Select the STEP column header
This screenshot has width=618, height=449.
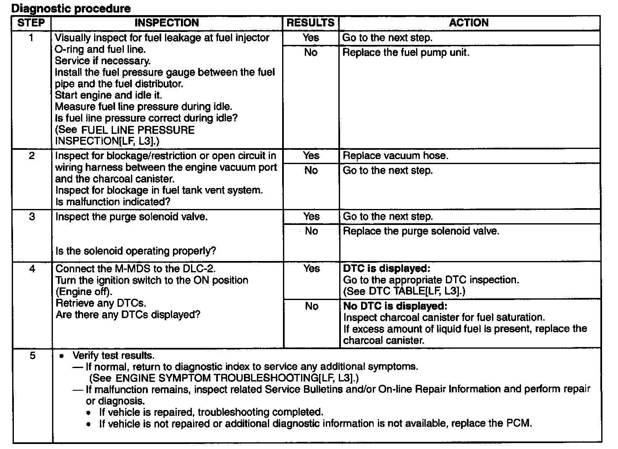[x=31, y=23]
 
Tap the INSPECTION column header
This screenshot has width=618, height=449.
[x=167, y=23]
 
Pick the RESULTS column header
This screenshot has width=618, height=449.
[x=310, y=23]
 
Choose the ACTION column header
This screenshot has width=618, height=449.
[x=469, y=23]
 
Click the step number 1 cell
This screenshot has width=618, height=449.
[x=31, y=38]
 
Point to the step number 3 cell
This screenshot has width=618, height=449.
[x=32, y=217]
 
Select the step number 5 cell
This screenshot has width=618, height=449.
[x=32, y=356]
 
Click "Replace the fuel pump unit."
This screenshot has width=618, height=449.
[x=406, y=52]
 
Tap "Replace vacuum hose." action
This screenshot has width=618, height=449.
[x=395, y=156]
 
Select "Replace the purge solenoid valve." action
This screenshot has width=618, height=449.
[x=421, y=231]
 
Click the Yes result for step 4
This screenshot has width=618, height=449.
[x=311, y=269]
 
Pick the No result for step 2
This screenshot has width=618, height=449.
[x=311, y=170]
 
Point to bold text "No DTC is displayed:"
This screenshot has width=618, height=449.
[x=395, y=306]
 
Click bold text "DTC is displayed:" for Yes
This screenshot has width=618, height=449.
[x=386, y=269]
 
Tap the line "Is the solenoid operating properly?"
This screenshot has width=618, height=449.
[x=136, y=251]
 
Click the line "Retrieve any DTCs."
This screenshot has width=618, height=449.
[x=101, y=303]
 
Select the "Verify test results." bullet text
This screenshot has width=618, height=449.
[x=113, y=356]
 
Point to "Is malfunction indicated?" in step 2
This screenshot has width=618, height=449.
[x=113, y=202]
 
